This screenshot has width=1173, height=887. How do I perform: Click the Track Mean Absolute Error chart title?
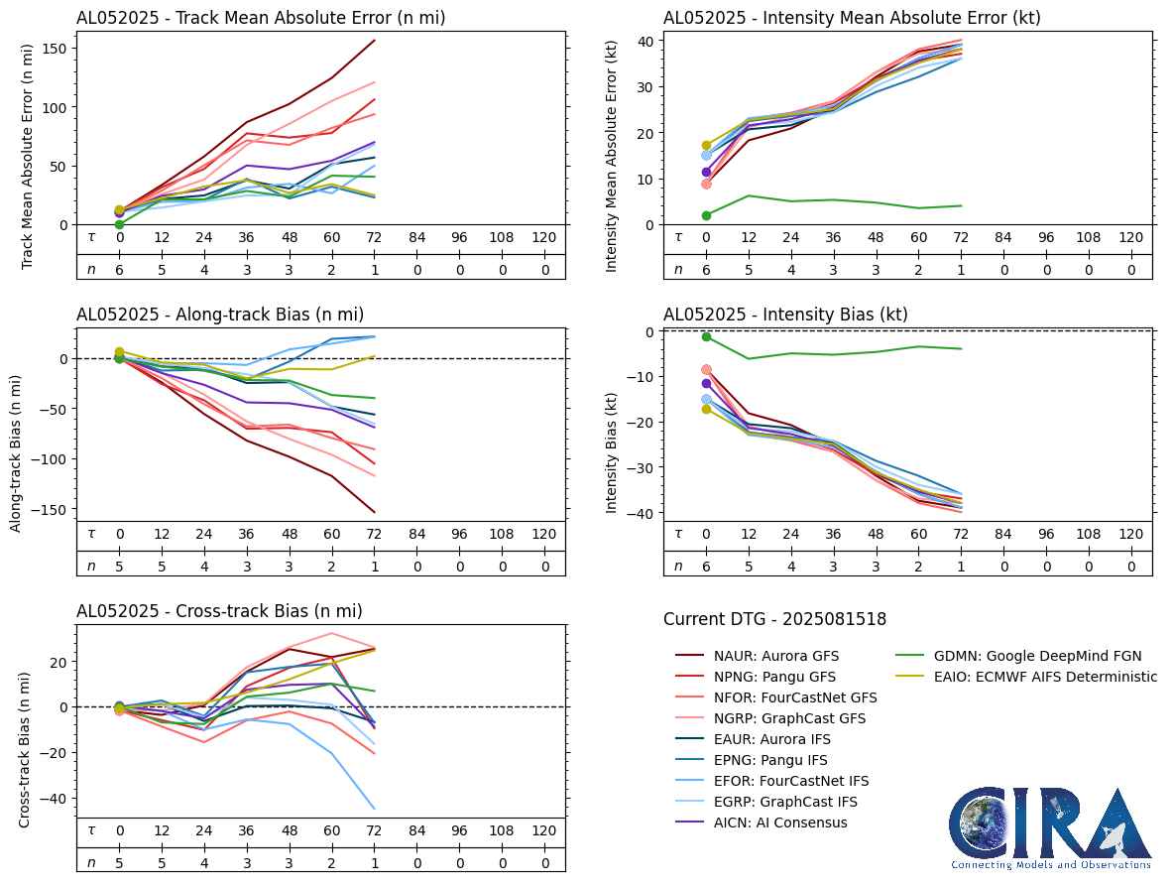click(260, 18)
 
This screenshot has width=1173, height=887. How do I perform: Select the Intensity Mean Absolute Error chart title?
click(852, 18)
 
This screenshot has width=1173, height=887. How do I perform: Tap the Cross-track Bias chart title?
click(219, 611)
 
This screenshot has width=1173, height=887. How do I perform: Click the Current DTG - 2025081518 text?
click(774, 620)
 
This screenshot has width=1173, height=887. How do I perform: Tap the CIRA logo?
click(1051, 827)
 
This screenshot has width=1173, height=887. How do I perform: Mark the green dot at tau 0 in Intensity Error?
click(706, 215)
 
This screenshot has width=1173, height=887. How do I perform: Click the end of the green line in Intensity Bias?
click(961, 348)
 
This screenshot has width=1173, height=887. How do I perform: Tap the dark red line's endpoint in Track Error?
click(374, 41)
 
